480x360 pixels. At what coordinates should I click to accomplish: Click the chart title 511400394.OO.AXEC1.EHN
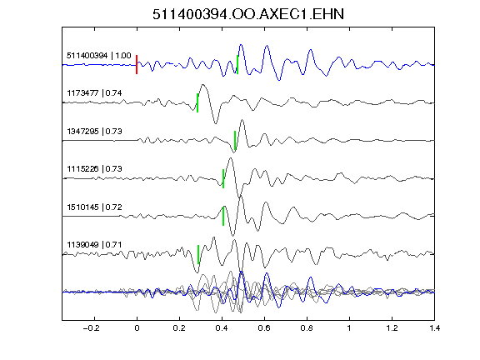point(248,14)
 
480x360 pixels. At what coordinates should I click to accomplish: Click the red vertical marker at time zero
point(137,65)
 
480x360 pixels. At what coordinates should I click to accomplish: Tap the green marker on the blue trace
point(237,65)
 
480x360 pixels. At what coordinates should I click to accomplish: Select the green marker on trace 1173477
point(197,102)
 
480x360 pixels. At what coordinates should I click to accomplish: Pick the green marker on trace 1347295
point(235,141)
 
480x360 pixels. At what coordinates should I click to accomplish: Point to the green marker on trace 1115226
point(223,178)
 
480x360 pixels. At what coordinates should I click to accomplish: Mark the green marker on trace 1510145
point(223,216)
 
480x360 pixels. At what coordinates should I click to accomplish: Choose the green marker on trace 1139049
point(198,254)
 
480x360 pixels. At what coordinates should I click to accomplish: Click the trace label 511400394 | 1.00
point(99,56)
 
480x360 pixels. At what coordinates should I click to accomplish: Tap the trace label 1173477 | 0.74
point(94,93)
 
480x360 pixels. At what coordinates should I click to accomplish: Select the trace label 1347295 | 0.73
point(94,132)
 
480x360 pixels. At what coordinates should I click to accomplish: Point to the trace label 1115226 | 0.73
point(94,169)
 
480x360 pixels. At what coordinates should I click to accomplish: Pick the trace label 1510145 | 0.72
point(94,207)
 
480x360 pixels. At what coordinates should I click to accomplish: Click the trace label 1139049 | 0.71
point(94,245)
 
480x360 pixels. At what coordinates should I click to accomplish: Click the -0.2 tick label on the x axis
point(91,328)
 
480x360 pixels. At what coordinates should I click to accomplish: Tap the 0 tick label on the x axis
point(137,328)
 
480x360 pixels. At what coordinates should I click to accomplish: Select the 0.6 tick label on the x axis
point(264,328)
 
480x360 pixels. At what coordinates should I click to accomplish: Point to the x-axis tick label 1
point(349,328)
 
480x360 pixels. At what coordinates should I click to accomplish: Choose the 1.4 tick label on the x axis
point(434,328)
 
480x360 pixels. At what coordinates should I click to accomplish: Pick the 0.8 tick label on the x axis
point(307,328)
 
